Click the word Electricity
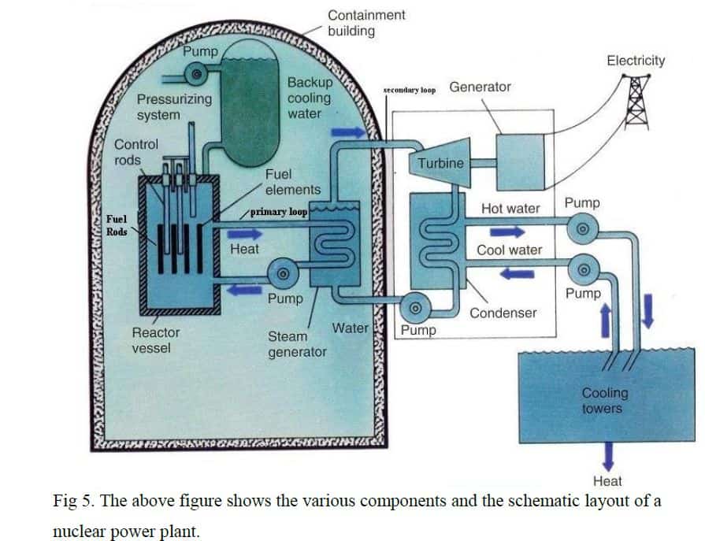pos(635,61)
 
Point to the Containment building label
pos(366,23)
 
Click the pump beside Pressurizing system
pos(197,74)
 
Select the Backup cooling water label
pos(310,98)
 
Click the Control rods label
pos(136,152)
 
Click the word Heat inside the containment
pos(244,249)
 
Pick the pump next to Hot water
pos(582,229)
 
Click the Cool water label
pos(509,250)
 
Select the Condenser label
pos(503,313)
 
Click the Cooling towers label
pos(604,400)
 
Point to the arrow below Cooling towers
pos(607,458)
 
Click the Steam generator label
pos(296,344)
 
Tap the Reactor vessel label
pos(156,340)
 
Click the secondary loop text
pos(410,91)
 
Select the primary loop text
pos(278,212)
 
